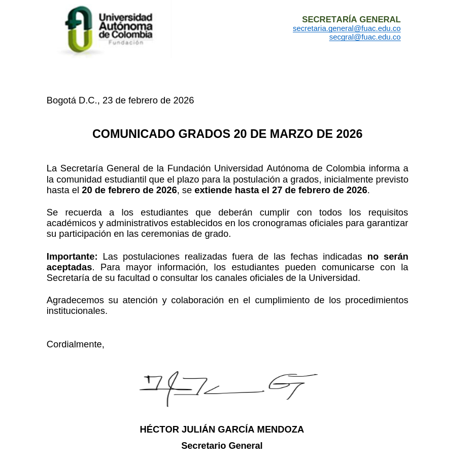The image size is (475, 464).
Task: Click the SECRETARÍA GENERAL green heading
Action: pos(351,19)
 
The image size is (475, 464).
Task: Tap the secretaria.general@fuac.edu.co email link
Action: pos(347,28)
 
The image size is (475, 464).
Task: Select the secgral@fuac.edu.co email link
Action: pos(365,37)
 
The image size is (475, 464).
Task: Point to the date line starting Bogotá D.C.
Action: pos(120,100)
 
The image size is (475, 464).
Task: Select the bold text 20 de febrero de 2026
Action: pos(129,190)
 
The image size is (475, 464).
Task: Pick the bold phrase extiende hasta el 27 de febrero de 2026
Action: pos(281,190)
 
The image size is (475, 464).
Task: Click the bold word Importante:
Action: pos(72,257)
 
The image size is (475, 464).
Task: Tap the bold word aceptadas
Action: pos(69,267)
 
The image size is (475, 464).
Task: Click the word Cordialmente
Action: pos(75,344)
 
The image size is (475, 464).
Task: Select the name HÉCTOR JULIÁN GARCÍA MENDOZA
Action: pos(222,430)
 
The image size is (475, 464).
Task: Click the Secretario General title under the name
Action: pos(222,446)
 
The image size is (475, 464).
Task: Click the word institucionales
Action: pos(77,311)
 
